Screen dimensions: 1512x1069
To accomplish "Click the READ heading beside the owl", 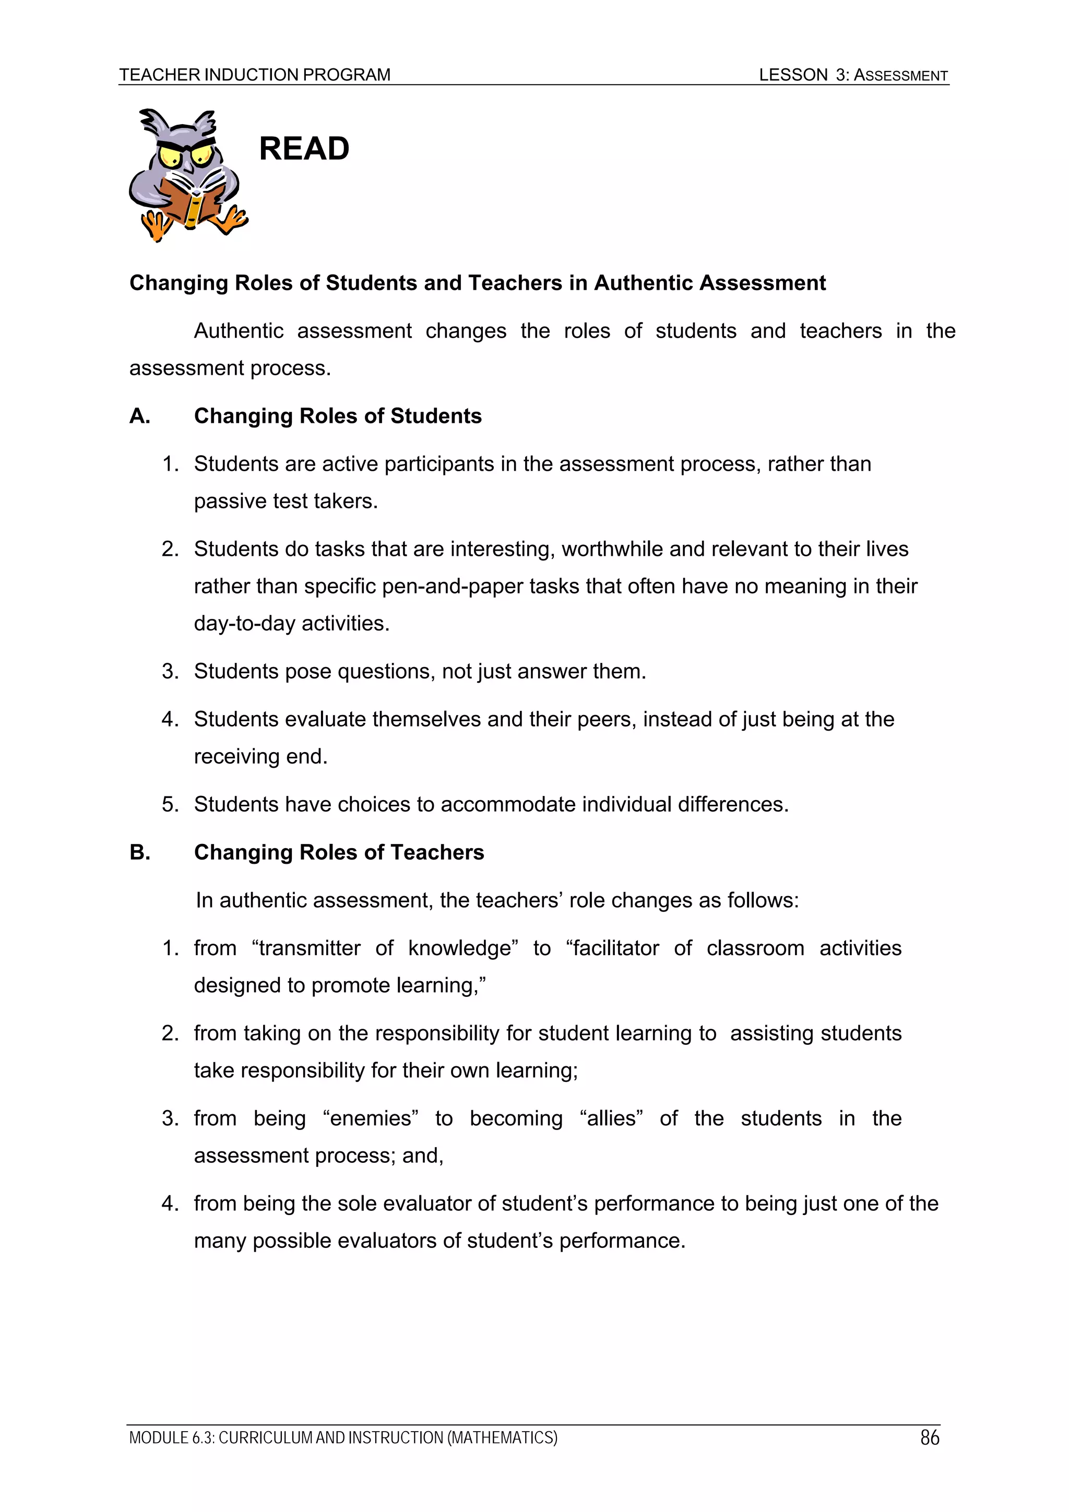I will (x=304, y=148).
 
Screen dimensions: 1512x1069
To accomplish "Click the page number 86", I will (x=929, y=1437).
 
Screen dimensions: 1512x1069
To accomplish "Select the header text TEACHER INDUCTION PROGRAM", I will (x=255, y=75).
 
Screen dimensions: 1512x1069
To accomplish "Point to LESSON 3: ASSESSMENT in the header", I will (x=853, y=75).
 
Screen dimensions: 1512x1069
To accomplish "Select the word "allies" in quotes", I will (x=611, y=1118).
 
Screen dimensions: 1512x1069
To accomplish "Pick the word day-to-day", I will (x=244, y=623).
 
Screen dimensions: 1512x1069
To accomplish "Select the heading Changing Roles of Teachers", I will (x=339, y=852).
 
